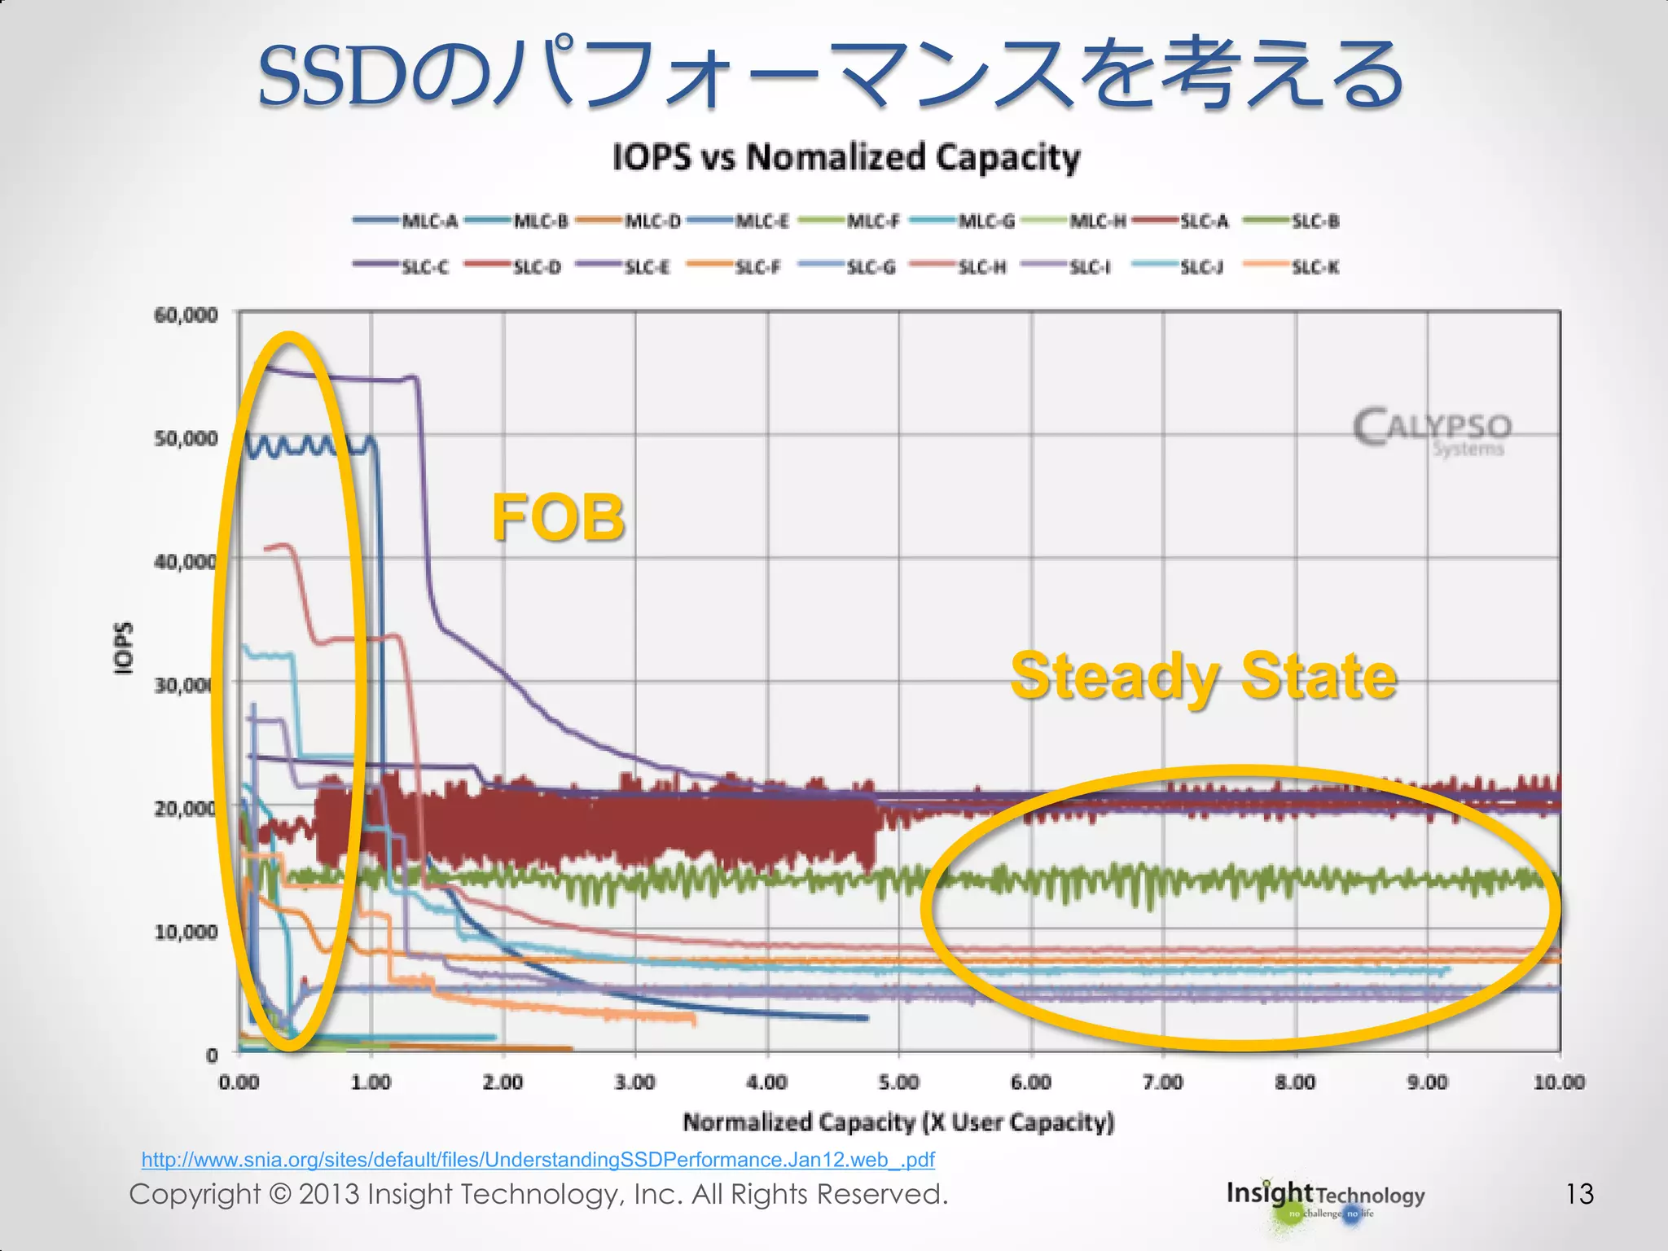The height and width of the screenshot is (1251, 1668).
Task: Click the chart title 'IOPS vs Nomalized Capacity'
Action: [x=845, y=157]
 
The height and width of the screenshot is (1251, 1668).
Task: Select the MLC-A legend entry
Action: [x=406, y=221]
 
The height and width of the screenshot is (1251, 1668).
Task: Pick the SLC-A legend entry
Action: [x=1180, y=221]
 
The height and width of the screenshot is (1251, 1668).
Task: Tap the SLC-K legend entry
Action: [x=1293, y=267]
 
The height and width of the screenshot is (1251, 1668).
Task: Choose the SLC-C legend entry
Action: [x=402, y=267]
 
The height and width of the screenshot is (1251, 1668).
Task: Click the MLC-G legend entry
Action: [x=962, y=221]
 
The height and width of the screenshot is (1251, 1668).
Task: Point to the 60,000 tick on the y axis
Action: [x=187, y=315]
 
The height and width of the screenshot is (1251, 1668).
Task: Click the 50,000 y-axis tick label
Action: [x=187, y=439]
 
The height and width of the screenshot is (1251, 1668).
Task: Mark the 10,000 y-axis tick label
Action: [x=187, y=931]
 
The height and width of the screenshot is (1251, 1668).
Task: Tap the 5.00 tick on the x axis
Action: [x=899, y=1082]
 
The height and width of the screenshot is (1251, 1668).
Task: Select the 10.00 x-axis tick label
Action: [x=1559, y=1082]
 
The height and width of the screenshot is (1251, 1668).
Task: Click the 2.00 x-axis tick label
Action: [x=503, y=1082]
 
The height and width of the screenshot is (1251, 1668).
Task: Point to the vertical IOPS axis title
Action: [x=122, y=648]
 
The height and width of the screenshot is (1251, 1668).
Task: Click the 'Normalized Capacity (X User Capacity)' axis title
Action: [x=898, y=1122]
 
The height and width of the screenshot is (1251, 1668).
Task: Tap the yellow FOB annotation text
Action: [x=558, y=518]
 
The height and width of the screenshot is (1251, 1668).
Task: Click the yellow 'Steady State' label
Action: [x=1204, y=676]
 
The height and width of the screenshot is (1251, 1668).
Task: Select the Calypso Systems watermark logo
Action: [x=1433, y=432]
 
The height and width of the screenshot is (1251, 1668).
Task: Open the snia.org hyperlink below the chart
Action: [x=538, y=1159]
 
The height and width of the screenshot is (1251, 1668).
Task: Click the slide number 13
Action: [x=1579, y=1194]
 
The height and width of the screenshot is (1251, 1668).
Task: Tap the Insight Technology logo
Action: [x=1325, y=1199]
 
